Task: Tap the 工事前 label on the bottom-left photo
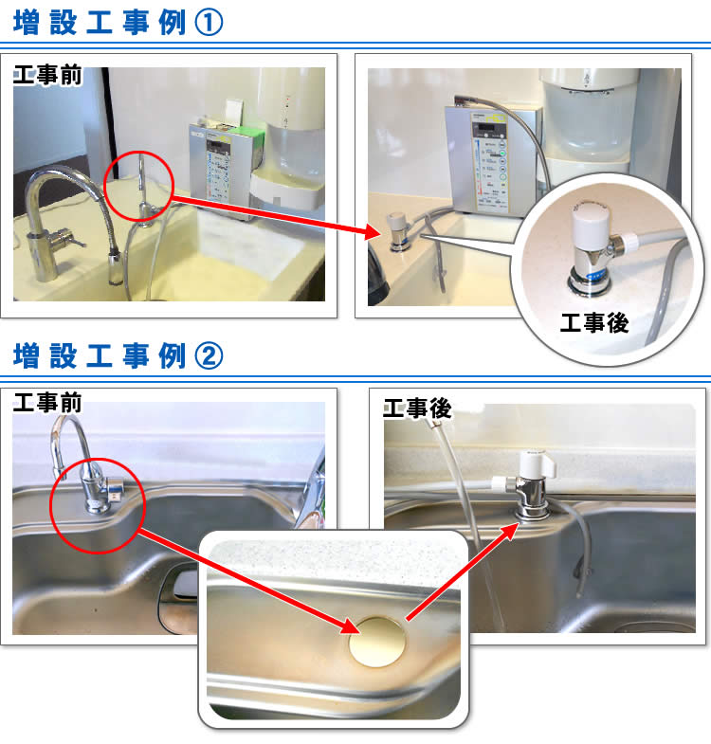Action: pos(48,402)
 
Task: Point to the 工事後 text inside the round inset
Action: pos(594,323)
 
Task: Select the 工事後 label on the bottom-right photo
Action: pos(417,409)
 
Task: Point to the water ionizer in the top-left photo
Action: pos(224,166)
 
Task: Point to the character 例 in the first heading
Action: pos(172,22)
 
